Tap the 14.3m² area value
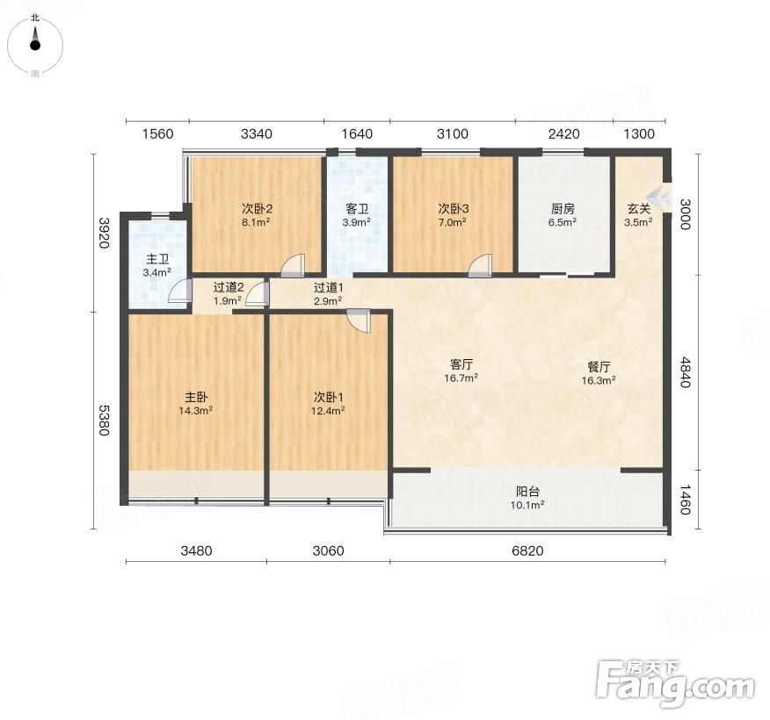195,411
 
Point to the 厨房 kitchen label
563,209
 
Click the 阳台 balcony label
528,492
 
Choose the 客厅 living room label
461,364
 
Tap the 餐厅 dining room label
599,367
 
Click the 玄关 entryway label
639,209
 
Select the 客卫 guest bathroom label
357,209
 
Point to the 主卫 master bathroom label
157,259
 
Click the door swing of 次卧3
480,265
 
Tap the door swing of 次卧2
293,265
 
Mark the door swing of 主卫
179,291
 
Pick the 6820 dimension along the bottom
527,551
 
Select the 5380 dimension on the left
104,420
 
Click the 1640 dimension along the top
357,133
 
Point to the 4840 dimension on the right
685,373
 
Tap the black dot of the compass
35,46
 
